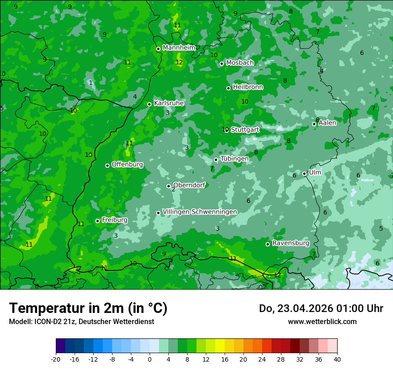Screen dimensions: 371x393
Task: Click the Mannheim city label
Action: [x=179, y=47]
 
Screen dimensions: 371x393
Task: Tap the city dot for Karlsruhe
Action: [x=150, y=104]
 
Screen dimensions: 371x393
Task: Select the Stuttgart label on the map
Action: [x=245, y=130]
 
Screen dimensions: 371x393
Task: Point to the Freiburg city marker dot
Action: [x=97, y=221]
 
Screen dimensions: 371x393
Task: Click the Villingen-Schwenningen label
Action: [x=200, y=212]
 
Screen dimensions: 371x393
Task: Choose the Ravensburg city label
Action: [x=291, y=243]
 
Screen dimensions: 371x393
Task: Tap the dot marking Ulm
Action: [x=305, y=173]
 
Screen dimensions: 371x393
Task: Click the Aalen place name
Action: [x=327, y=123]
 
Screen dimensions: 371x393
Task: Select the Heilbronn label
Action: [x=248, y=87]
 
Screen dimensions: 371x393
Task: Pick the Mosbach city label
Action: [x=240, y=63]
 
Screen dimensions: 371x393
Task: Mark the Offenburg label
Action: [x=127, y=164]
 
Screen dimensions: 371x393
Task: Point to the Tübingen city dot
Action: [x=216, y=160]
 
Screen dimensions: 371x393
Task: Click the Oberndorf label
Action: [x=189, y=185]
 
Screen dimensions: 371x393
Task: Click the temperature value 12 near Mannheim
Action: [x=179, y=62]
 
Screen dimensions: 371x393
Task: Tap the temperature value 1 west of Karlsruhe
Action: [x=91, y=83]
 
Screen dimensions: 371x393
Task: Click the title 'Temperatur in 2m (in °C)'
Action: [x=88, y=308]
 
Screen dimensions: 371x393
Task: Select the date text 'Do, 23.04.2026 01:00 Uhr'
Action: [x=321, y=308]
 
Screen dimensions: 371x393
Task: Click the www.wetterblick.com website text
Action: [x=322, y=321]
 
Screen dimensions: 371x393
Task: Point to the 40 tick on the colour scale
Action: [x=337, y=359]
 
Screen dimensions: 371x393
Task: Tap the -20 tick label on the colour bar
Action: [x=56, y=359]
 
